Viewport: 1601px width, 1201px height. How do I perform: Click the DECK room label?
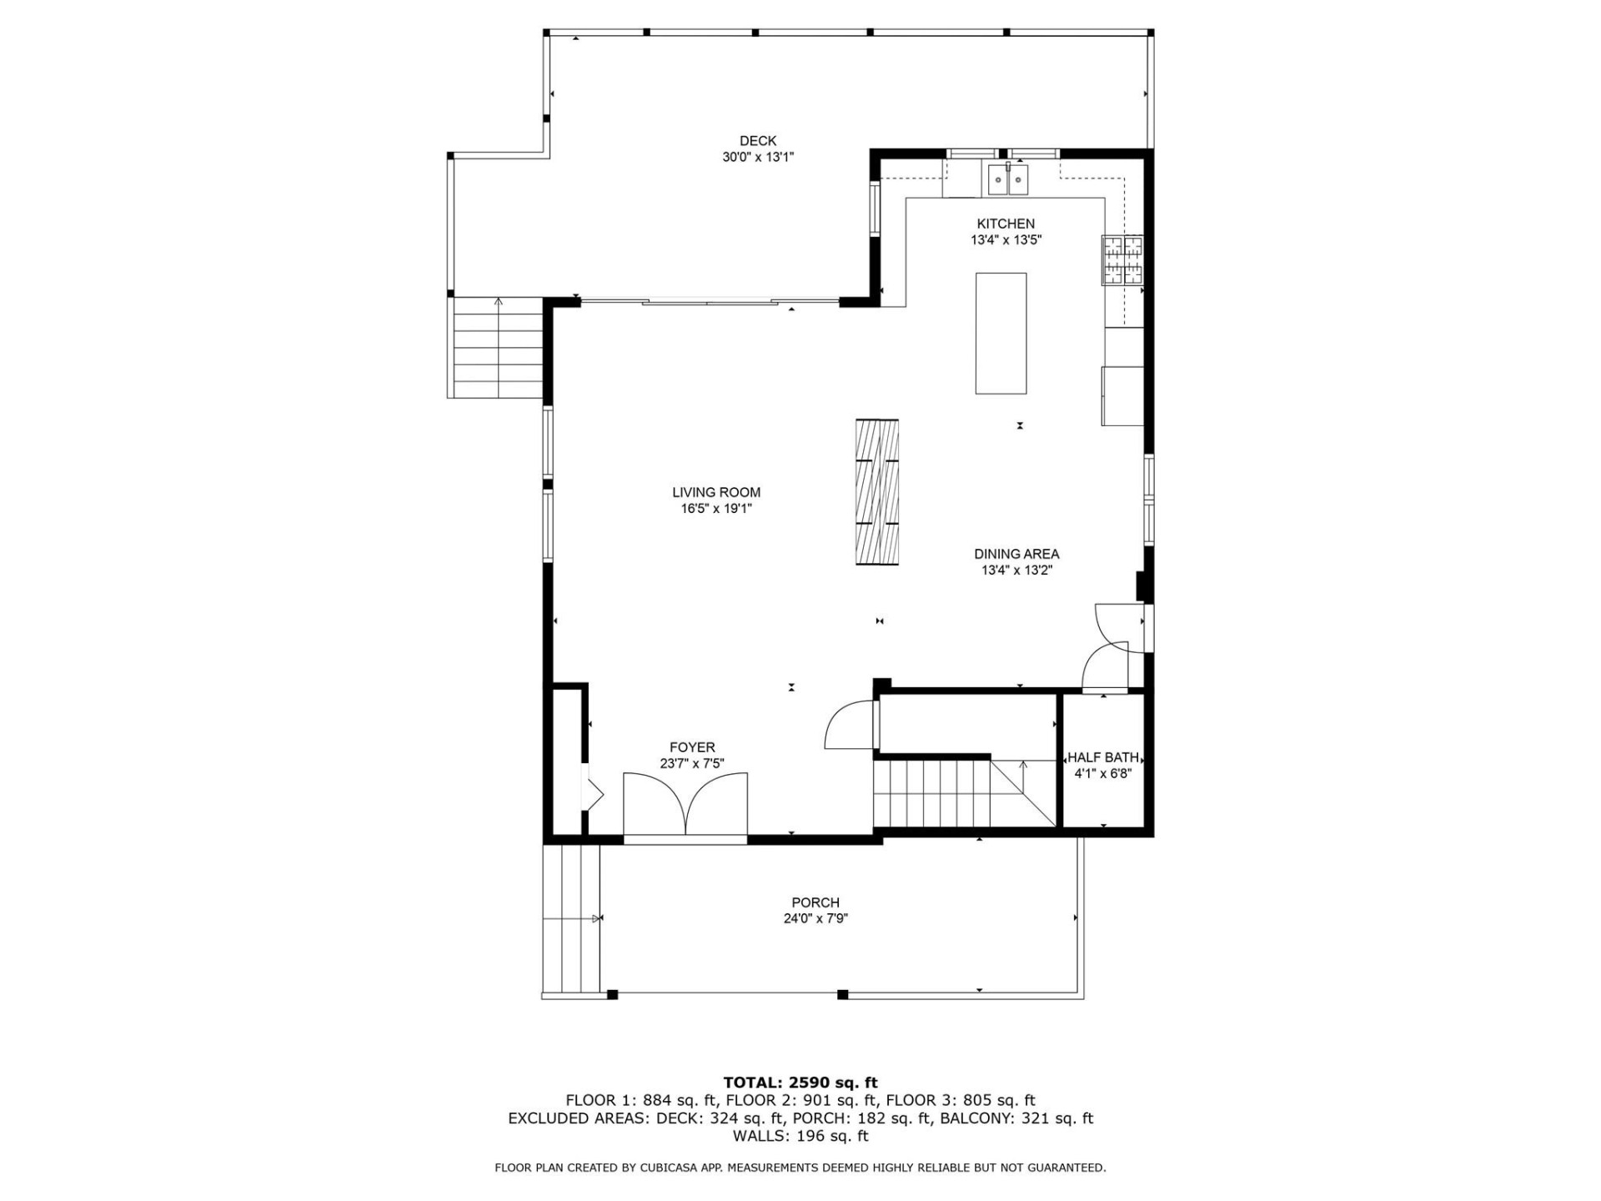click(x=757, y=141)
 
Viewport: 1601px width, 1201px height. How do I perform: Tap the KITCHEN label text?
click(x=1006, y=224)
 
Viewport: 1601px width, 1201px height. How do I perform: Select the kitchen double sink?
click(x=1008, y=179)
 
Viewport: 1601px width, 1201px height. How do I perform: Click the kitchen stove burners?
click(x=1122, y=261)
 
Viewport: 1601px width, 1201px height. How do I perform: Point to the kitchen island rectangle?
click(x=1001, y=333)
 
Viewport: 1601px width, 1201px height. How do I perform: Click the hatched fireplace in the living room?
click(x=877, y=492)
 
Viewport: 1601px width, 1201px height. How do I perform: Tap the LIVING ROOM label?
click(x=716, y=492)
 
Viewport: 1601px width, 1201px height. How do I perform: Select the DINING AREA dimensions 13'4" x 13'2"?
click(x=1016, y=570)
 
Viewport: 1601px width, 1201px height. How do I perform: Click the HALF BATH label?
click(x=1103, y=757)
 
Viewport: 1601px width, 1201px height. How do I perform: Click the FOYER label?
click(x=692, y=747)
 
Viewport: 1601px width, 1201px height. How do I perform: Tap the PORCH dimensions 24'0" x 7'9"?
click(x=816, y=919)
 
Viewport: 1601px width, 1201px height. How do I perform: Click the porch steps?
click(x=571, y=918)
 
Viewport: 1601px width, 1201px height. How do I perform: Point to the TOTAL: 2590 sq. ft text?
click(x=800, y=1083)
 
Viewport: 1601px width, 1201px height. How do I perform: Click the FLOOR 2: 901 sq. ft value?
click(x=800, y=1100)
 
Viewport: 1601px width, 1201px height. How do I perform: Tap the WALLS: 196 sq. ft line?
click(x=800, y=1136)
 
